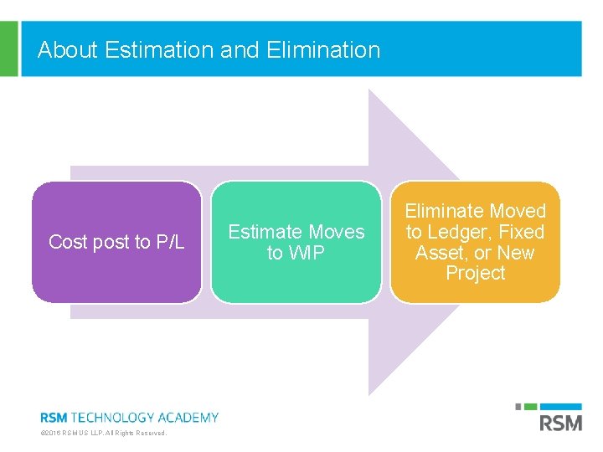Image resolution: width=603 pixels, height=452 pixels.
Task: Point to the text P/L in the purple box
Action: coord(171,243)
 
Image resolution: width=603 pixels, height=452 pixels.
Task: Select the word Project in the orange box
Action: coord(475,274)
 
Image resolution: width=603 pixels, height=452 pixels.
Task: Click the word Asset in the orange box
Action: coord(441,253)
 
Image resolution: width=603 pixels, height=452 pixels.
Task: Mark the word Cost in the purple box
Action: coord(67,243)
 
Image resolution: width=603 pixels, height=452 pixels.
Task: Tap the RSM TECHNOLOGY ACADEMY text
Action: coord(130,417)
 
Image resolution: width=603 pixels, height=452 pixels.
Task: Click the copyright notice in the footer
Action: coord(104,433)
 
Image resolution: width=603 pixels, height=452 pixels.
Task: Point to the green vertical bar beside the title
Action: coord(8,49)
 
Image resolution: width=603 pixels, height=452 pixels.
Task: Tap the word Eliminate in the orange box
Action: coord(443,211)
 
